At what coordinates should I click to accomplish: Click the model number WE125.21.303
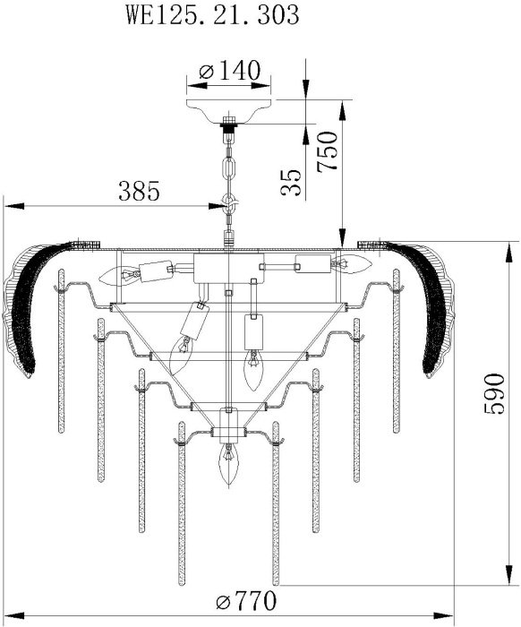click(212, 15)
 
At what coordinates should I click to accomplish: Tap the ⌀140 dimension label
click(230, 71)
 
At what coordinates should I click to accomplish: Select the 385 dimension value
click(139, 191)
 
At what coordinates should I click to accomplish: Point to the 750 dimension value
click(328, 152)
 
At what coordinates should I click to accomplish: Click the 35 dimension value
click(290, 183)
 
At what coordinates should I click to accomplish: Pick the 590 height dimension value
click(494, 394)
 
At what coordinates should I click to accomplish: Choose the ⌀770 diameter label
click(245, 600)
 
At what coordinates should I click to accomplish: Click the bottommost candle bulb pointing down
click(228, 464)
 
